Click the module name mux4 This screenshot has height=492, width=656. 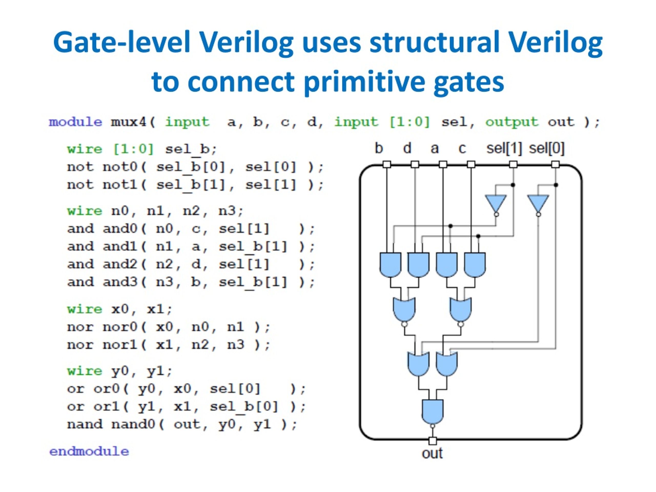tap(128, 122)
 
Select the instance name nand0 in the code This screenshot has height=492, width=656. tap(133, 424)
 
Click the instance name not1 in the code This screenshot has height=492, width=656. tap(120, 185)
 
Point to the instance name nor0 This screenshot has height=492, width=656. tap(120, 327)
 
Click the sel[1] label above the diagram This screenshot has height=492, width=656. tap(504, 148)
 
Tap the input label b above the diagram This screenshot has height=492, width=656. tap(379, 148)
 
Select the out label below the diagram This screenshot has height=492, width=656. tap(432, 453)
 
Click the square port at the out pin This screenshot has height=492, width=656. tap(432, 441)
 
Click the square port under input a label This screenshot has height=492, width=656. tap(443, 164)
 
